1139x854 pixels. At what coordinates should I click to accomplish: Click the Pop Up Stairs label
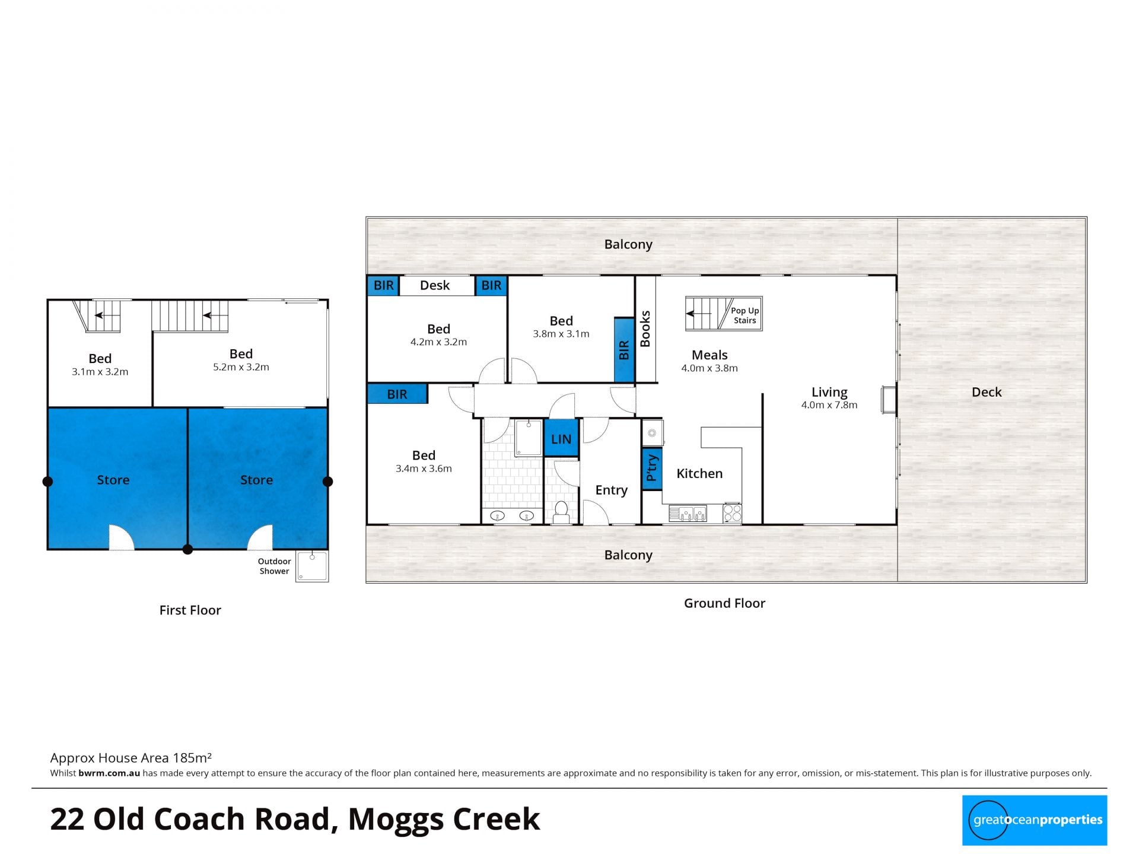[x=745, y=315]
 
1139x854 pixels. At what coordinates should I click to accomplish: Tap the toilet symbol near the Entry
[x=561, y=512]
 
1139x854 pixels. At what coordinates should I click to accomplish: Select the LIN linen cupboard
[x=561, y=439]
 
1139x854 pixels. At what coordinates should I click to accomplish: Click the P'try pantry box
[x=652, y=468]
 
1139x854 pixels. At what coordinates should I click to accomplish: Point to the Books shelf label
[x=645, y=329]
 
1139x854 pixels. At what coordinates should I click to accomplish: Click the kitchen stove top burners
[x=733, y=513]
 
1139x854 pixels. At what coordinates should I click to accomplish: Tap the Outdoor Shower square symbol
[x=312, y=566]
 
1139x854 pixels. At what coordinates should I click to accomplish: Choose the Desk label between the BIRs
[x=435, y=285]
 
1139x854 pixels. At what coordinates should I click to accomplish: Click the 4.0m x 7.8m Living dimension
[x=829, y=405]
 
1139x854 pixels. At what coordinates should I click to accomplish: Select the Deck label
[x=987, y=392]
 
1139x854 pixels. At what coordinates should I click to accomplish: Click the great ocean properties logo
[x=1035, y=820]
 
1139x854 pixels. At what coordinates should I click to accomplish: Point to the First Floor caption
[x=190, y=610]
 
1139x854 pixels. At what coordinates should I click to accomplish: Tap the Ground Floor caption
[x=724, y=603]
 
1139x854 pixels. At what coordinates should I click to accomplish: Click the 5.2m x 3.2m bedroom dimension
[x=241, y=367]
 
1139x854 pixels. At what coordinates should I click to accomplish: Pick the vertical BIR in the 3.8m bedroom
[x=624, y=350]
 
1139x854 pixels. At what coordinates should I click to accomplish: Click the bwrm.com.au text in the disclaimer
[x=109, y=773]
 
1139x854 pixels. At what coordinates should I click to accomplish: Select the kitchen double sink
[x=688, y=513]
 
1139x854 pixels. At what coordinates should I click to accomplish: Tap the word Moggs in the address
[x=396, y=820]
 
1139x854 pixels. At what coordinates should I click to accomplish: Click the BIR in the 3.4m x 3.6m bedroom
[x=397, y=394]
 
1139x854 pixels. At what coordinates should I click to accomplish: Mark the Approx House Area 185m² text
[x=131, y=758]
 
